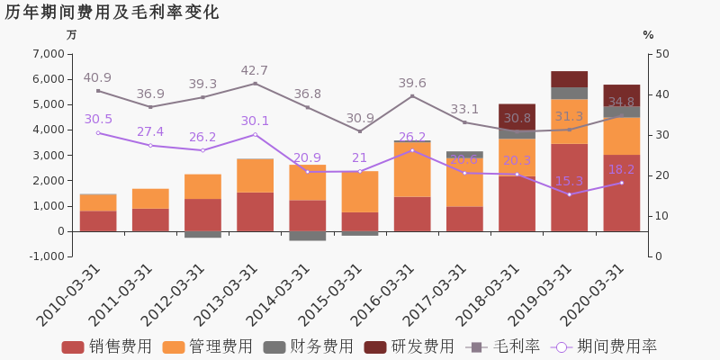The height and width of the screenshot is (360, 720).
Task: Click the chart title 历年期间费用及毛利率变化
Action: [x=112, y=13]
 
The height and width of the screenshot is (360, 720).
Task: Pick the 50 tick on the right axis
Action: [x=662, y=54]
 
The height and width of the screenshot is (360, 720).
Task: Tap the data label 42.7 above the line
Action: [x=254, y=71]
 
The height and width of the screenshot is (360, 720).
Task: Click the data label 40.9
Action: [x=97, y=78]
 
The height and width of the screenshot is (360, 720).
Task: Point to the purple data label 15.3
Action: [x=569, y=181]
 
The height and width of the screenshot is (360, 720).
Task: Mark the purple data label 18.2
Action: [x=621, y=170]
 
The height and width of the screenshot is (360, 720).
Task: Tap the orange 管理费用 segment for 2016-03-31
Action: [x=412, y=169]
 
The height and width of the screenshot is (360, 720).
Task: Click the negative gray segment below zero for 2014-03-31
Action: [x=307, y=236]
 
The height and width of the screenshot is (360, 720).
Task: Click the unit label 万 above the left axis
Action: [x=72, y=35]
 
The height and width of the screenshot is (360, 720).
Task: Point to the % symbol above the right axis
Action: [x=648, y=35]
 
